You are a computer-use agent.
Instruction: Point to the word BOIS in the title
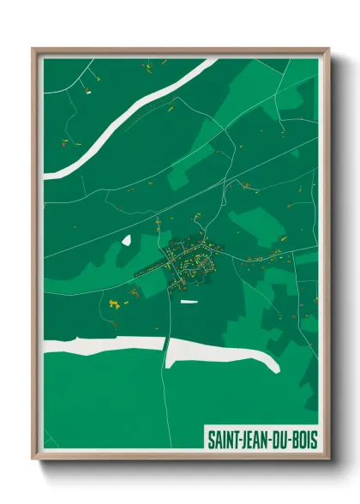point(304,440)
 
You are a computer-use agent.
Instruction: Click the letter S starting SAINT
point(211,440)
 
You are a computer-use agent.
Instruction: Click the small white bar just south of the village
point(188,301)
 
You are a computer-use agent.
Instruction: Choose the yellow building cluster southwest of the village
point(113,303)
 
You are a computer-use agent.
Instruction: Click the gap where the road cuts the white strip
point(165,346)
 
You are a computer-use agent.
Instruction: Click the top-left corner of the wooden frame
point(33,50)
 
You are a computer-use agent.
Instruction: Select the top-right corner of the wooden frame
point(329,50)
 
